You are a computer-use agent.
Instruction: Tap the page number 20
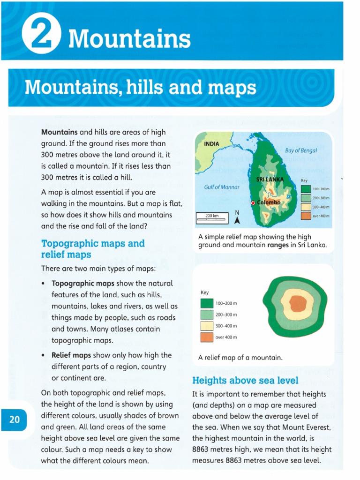click(x=15, y=420)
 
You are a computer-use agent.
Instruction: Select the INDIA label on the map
click(x=211, y=143)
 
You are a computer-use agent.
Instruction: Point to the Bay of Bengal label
click(x=301, y=150)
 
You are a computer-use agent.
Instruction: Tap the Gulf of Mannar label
click(x=222, y=187)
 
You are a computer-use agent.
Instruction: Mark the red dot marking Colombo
click(x=253, y=203)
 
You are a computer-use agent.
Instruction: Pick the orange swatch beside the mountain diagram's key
click(x=207, y=337)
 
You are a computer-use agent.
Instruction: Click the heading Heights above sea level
click(x=245, y=380)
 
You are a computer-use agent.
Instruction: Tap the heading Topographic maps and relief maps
click(x=93, y=249)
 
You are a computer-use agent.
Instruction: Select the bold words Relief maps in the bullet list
click(x=71, y=355)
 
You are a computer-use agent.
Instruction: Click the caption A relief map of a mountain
click(x=240, y=358)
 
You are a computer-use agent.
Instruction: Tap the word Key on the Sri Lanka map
click(x=304, y=180)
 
